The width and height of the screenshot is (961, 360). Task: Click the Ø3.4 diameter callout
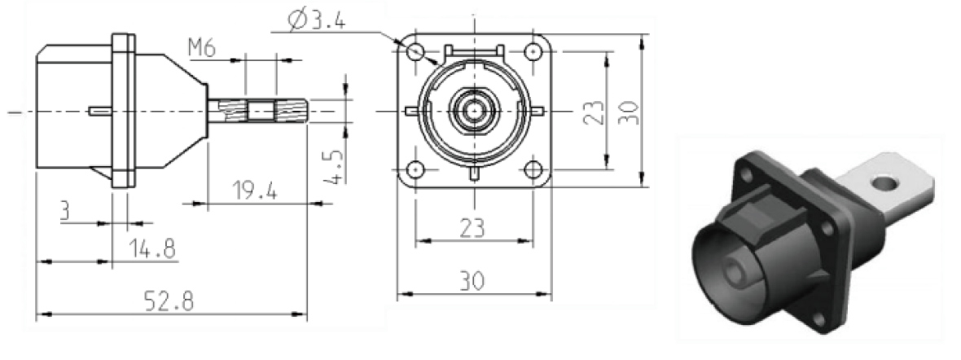click(316, 21)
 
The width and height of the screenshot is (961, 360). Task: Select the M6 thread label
click(203, 49)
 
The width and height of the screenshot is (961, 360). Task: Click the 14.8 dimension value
click(151, 248)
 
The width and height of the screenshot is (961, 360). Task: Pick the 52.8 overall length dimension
click(169, 301)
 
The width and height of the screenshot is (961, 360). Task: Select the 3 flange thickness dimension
click(66, 212)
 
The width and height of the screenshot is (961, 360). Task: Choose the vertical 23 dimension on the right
click(593, 112)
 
